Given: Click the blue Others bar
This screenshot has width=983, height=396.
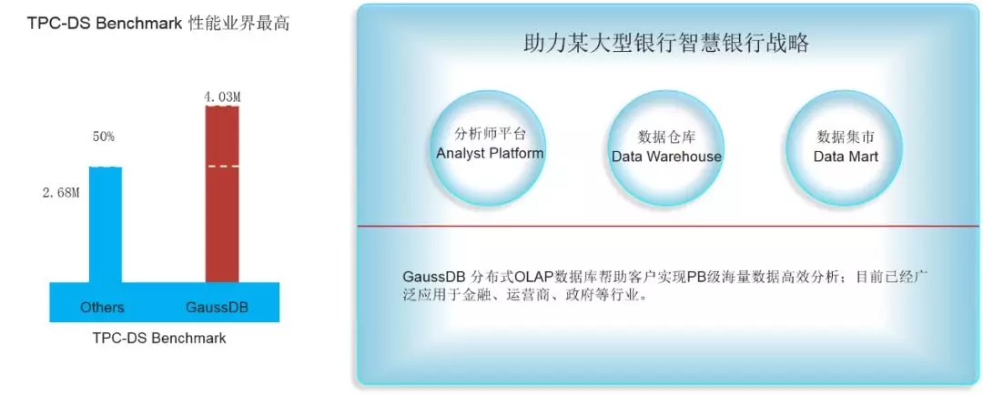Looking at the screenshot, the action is (106, 224).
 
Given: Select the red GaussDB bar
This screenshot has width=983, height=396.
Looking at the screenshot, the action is (222, 194).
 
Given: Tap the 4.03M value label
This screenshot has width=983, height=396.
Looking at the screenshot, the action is (223, 97).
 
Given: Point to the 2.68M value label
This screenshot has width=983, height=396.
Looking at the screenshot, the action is (61, 193).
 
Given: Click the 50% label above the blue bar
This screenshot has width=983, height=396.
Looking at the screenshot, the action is (104, 137).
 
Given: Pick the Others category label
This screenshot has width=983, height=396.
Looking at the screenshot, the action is (102, 308).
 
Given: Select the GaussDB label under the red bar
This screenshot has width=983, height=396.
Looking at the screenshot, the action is (217, 308).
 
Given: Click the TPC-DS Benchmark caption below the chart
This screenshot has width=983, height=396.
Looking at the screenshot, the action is (159, 338).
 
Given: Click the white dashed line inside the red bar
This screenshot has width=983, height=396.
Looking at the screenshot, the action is (222, 166).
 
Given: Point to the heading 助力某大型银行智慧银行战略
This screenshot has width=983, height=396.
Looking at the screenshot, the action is (665, 44).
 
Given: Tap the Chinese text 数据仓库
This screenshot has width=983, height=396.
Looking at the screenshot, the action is (666, 137).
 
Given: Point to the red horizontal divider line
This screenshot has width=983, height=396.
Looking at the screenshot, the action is (668, 226).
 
